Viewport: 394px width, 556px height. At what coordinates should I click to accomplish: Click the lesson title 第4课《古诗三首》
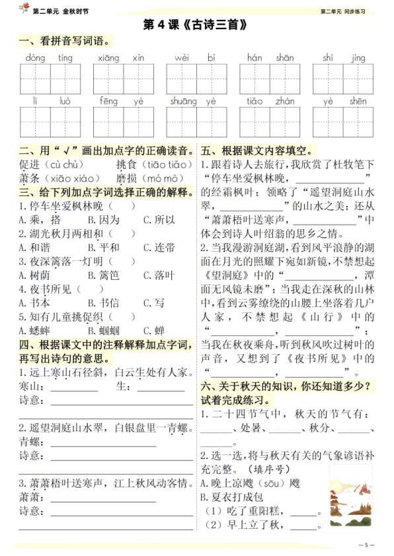click(x=197, y=25)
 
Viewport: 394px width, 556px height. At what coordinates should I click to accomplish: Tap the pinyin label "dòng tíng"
click(x=41, y=58)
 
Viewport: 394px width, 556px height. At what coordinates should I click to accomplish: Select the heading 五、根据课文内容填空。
click(x=258, y=150)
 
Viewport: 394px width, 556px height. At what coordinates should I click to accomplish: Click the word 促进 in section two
click(x=30, y=164)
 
